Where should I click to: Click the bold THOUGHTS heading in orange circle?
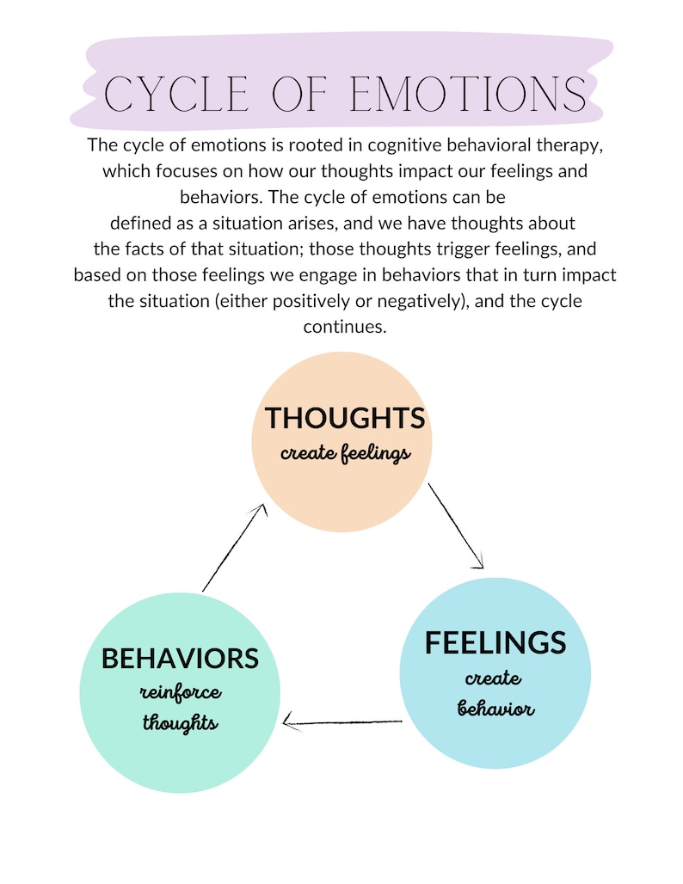pos(345,418)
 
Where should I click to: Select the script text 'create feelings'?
pos(345,453)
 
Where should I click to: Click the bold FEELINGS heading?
pos(495,642)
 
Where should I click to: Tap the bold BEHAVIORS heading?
pos(180,658)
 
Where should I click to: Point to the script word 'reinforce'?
pos(181,692)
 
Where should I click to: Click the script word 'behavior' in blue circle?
pos(495,709)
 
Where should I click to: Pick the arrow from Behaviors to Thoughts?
pos(234,548)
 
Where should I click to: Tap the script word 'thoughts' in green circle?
pos(180,722)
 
